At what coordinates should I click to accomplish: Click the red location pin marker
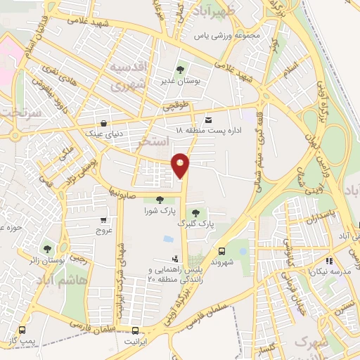click(181, 165)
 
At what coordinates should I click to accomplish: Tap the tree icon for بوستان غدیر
click(181, 70)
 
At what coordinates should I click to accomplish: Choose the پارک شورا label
click(159, 210)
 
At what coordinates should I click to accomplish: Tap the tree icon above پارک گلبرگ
click(195, 213)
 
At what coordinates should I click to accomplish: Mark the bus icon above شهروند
click(222, 250)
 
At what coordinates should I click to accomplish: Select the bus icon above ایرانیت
click(136, 330)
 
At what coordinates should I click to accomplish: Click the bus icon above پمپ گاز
click(22, 330)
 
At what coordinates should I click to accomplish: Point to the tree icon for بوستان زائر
click(47, 249)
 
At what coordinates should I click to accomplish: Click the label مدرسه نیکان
click(335, 270)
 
